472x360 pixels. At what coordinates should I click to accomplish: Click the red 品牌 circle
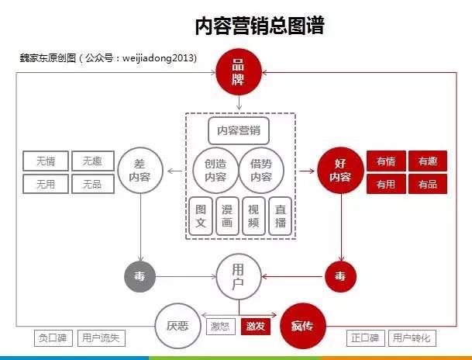tap(239, 72)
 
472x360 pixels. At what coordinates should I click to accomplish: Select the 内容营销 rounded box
tap(239, 131)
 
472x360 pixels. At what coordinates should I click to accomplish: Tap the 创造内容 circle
tap(215, 171)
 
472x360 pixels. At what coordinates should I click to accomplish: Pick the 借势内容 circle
tap(261, 171)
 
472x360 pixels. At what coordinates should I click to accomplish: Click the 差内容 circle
tap(140, 171)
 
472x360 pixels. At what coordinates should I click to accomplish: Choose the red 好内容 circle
tap(340, 171)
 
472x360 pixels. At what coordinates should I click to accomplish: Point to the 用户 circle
tap(239, 276)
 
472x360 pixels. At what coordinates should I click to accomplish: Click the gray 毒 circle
tap(140, 276)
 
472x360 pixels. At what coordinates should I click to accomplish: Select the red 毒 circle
tap(340, 276)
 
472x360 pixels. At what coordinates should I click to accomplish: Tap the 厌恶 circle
tap(177, 326)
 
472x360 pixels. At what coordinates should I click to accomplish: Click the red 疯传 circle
tap(303, 326)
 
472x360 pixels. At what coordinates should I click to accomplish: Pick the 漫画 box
tap(227, 216)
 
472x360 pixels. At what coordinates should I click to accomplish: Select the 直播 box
tap(281, 216)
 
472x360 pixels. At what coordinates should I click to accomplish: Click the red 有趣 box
tap(428, 161)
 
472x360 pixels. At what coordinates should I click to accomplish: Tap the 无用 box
tap(46, 184)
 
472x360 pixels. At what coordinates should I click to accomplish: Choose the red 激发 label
tap(256, 327)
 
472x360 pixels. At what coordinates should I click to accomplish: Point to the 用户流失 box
tap(101, 338)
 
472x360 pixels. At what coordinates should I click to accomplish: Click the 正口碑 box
tap(366, 338)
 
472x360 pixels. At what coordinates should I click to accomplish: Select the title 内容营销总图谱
tap(260, 26)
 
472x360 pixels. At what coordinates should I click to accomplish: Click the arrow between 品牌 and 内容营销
tap(239, 102)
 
